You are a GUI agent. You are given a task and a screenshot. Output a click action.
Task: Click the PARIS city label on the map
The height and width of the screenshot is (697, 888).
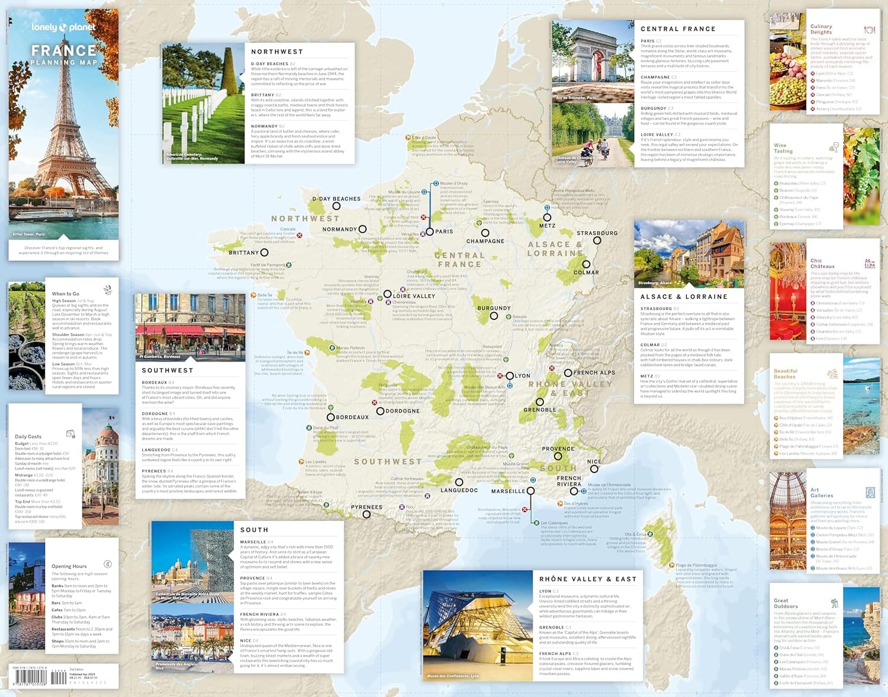[444, 232]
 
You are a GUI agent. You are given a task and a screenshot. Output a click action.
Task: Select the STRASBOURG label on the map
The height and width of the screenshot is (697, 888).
[597, 233]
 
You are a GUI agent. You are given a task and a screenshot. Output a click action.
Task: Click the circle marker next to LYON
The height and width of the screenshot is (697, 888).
[510, 376]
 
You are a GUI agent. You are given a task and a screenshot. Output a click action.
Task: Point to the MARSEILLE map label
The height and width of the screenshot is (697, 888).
[508, 491]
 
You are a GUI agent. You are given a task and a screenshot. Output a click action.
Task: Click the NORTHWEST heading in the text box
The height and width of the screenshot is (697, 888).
[276, 52]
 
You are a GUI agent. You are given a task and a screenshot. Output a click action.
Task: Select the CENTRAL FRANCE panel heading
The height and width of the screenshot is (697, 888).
[678, 29]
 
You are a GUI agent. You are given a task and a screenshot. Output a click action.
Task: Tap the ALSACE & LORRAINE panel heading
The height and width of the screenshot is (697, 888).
[684, 297]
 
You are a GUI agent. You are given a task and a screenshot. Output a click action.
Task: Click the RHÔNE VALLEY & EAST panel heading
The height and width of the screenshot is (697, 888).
[587, 579]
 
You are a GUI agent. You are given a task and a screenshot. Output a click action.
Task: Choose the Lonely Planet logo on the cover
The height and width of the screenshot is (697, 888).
[63, 27]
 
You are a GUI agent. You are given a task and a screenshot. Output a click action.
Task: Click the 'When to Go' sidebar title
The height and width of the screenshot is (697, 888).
[65, 293]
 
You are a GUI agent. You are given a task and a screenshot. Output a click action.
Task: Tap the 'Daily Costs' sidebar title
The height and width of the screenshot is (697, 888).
[28, 436]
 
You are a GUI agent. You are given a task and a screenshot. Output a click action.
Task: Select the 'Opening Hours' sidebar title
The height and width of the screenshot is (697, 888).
[69, 566]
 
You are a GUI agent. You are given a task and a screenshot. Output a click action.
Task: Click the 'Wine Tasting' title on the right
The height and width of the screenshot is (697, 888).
[783, 148]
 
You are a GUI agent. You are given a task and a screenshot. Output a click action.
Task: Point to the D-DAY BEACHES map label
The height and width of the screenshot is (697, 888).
[336, 199]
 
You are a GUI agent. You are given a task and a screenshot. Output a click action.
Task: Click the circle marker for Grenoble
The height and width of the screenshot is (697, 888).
[540, 402]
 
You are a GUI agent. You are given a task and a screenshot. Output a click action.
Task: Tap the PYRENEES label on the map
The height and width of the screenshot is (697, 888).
[366, 507]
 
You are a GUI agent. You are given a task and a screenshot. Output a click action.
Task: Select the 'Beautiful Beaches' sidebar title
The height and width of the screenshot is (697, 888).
[786, 373]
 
